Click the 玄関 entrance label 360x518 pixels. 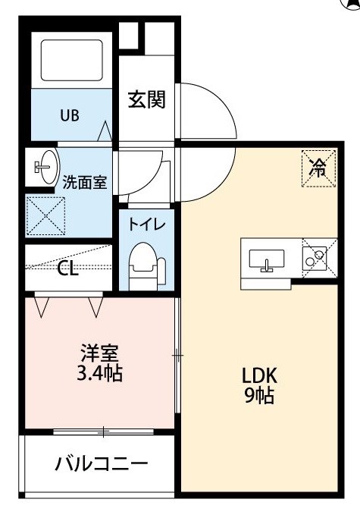146,99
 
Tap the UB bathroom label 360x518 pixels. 70,115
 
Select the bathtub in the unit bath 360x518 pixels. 72,60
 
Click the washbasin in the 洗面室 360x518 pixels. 46,167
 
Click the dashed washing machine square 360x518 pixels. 45,216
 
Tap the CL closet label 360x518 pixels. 68,269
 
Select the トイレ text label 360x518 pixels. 146,224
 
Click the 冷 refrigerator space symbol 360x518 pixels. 319,168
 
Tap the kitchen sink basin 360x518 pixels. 267,259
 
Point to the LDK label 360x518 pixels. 260,375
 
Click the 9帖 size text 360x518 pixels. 260,395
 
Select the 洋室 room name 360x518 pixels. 100,353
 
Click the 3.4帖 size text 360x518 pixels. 100,373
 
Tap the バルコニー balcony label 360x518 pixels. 102,464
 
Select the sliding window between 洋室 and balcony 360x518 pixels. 103,432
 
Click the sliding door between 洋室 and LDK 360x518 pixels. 177,356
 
